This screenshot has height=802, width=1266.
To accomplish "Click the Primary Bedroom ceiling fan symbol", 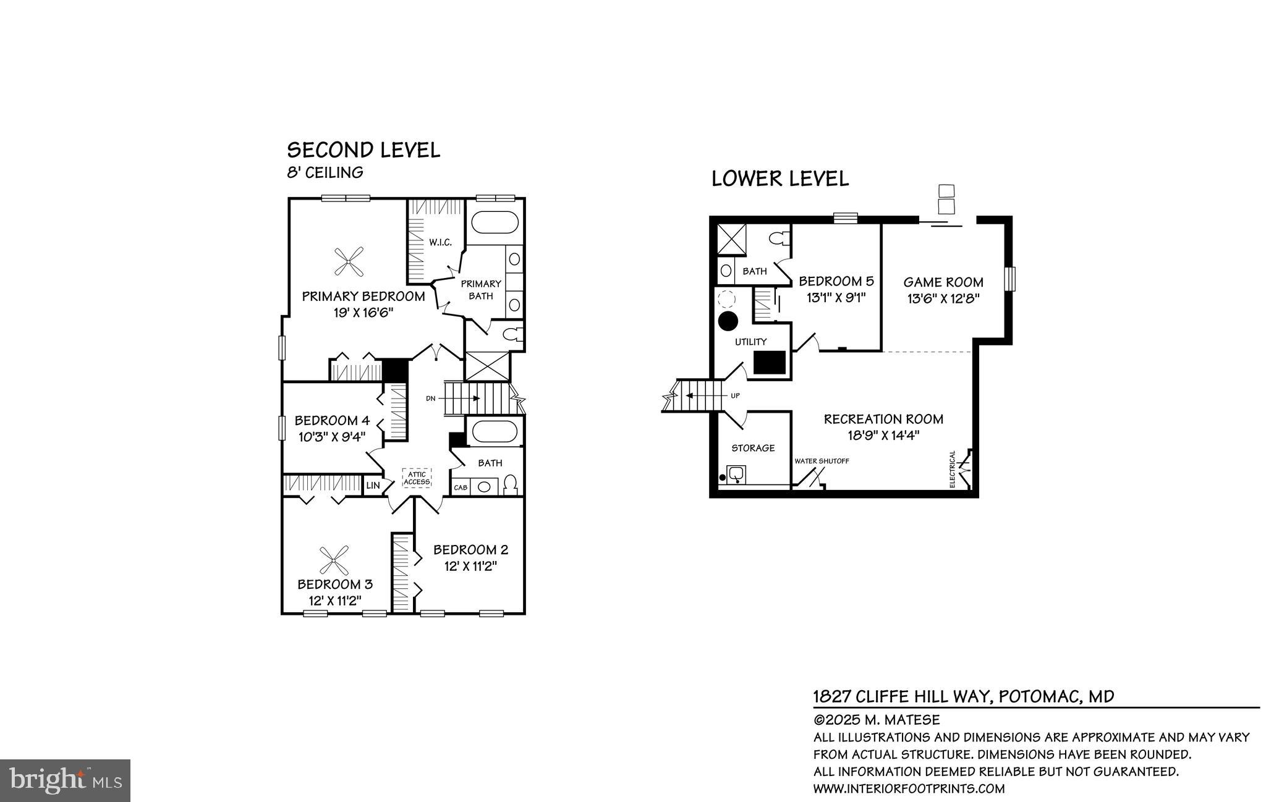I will point(349,261).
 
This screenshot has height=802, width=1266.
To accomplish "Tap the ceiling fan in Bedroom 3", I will point(334,560).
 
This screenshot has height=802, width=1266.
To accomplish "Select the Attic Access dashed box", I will point(417,478).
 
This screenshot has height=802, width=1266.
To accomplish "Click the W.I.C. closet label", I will point(440,242).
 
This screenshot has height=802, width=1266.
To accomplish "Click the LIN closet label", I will point(373,486).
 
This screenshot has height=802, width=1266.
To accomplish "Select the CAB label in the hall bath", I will point(461,488).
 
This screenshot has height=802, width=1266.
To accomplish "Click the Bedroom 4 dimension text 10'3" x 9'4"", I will point(332,436).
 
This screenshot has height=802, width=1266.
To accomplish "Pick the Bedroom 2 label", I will point(470,549).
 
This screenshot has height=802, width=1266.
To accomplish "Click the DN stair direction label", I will point(431,399).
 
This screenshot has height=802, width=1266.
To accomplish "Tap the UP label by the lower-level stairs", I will point(735,396).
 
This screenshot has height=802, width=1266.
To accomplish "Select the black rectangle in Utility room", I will point(770,363).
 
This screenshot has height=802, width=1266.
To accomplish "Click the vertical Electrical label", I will point(953,469).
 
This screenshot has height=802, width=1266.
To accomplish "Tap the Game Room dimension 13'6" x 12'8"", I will point(943,298).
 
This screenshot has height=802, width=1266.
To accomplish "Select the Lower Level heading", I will point(780,179).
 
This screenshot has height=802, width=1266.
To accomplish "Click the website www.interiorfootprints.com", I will point(909,789).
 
